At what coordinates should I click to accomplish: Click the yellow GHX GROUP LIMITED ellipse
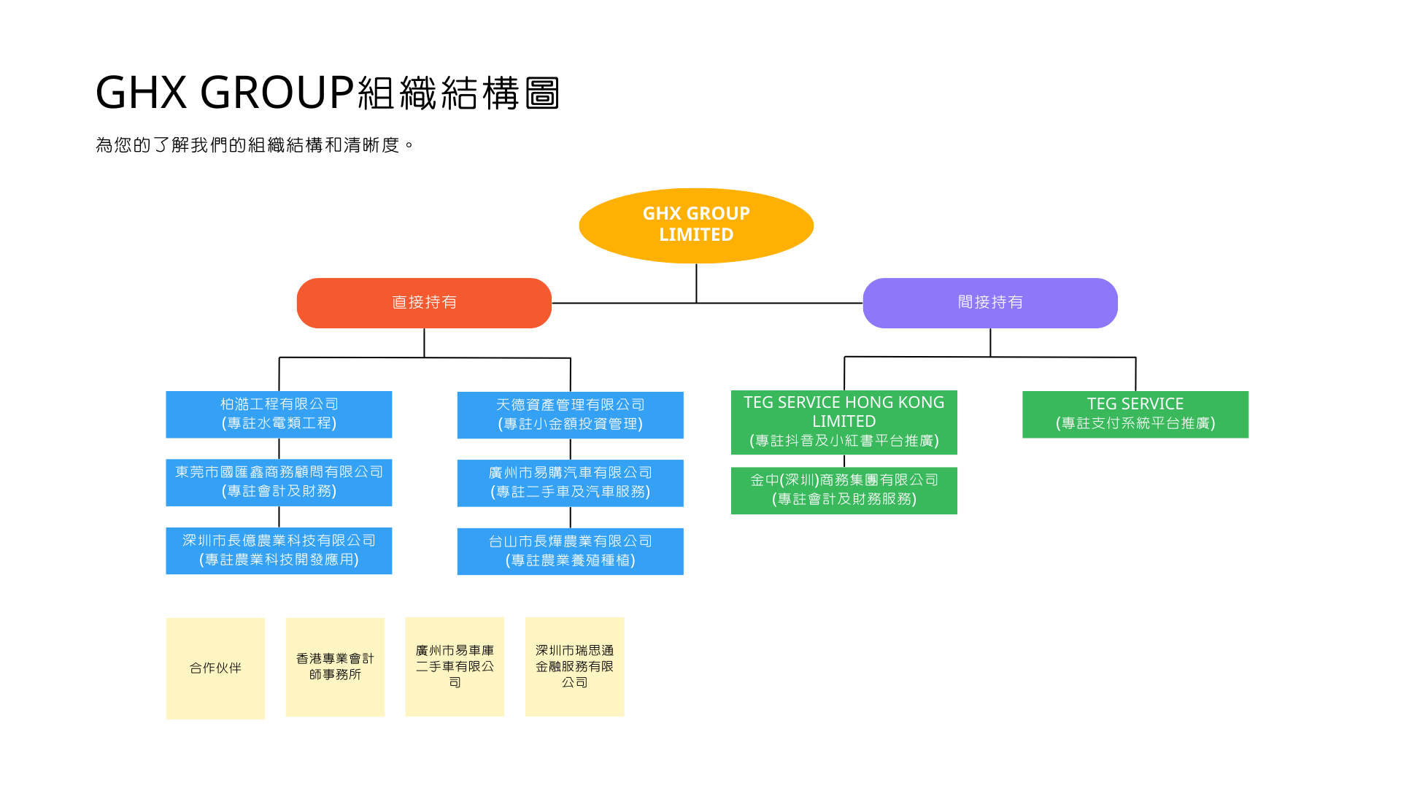tap(696, 225)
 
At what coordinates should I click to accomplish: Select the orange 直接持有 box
tap(424, 303)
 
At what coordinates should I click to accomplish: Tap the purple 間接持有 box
tap(990, 303)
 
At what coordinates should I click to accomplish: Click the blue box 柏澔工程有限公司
tap(279, 414)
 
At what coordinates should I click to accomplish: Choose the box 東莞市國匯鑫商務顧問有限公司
tap(279, 482)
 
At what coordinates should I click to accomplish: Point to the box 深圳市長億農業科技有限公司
tap(279, 551)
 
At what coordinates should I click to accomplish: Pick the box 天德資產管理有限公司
tap(571, 415)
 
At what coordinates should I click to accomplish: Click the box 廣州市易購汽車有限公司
tap(571, 483)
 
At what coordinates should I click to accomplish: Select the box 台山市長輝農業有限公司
tap(571, 552)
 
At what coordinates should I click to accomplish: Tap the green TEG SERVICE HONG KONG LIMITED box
tap(844, 422)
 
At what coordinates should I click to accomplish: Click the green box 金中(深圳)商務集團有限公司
tap(844, 491)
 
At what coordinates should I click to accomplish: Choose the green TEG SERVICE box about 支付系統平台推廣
tap(1135, 414)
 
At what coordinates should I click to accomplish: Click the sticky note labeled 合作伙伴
tap(215, 668)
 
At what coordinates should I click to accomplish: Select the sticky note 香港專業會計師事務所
tap(335, 667)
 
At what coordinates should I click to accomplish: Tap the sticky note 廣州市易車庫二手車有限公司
tap(455, 666)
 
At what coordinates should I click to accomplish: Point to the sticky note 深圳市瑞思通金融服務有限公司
tap(575, 666)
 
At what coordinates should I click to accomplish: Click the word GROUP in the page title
tap(277, 93)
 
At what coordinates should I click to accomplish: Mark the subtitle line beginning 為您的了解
tap(255, 145)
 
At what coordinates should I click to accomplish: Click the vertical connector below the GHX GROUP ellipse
tap(696, 283)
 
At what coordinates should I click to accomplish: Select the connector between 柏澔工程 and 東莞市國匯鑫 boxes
tap(279, 449)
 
